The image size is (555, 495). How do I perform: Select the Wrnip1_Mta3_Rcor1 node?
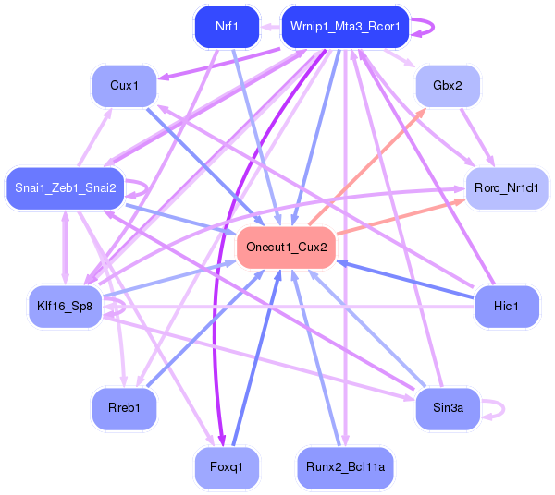[345, 27]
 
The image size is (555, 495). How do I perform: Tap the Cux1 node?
[124, 86]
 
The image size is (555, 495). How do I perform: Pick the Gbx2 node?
[447, 86]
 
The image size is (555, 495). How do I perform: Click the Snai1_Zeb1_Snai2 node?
[65, 188]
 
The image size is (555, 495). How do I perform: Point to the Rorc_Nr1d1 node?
[507, 188]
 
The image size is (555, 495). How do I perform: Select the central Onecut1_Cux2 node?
[286, 247]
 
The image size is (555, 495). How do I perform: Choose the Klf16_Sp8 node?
[65, 307]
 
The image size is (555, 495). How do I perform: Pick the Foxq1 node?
[227, 467]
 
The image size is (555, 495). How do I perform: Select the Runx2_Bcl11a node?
[345, 467]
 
